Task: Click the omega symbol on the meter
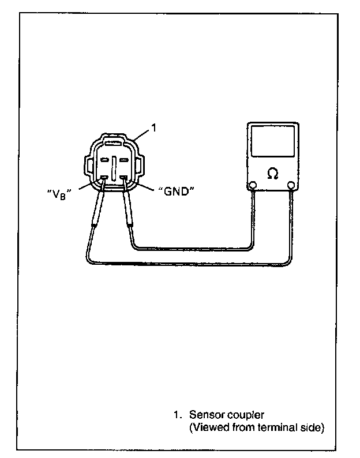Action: pyautogui.click(x=272, y=171)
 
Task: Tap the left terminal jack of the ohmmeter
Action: pyautogui.click(x=252, y=185)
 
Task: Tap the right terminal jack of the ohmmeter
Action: pyautogui.click(x=291, y=185)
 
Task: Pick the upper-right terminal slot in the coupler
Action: pyautogui.click(x=123, y=159)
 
